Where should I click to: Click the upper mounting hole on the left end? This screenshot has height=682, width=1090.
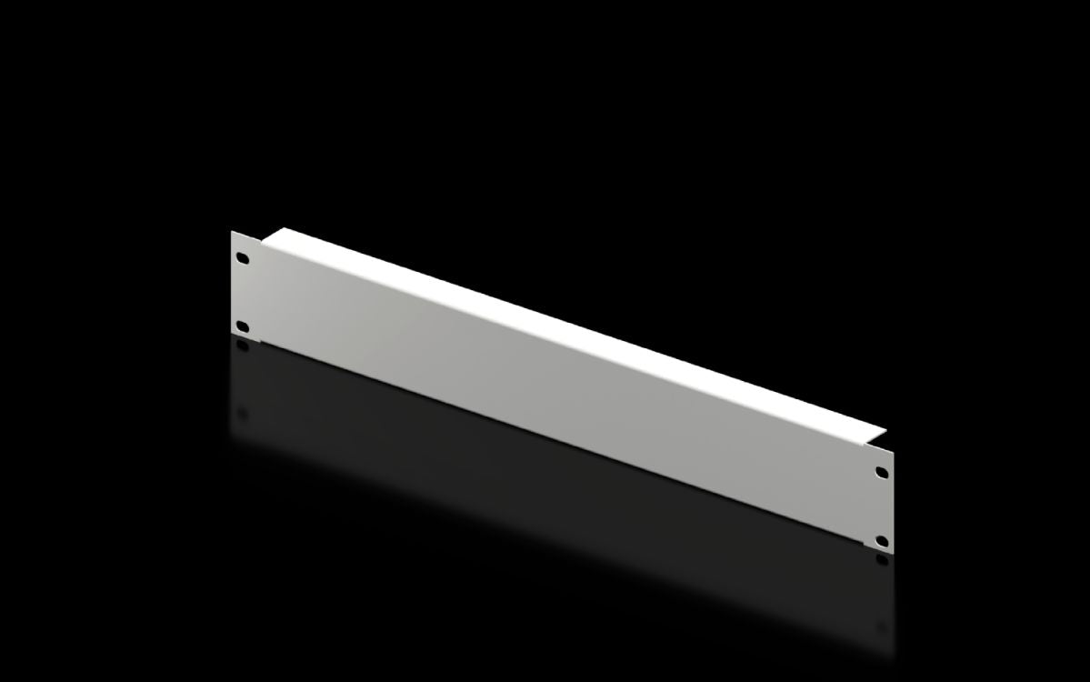coord(243,257)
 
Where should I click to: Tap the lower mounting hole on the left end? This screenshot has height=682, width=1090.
coord(243,326)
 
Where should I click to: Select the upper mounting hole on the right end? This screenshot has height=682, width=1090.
coord(881,473)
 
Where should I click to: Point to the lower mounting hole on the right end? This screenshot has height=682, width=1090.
coord(881,541)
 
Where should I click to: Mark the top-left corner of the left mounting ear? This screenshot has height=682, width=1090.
coord(232,232)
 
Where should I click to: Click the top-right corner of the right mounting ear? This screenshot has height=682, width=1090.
coord(893,452)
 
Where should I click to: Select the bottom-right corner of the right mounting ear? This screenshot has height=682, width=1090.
coord(893,553)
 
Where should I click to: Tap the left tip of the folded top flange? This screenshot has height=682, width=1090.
coord(278,229)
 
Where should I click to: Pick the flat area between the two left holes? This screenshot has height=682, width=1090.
coord(244,291)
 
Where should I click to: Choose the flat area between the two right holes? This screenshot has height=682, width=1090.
coord(881,506)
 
